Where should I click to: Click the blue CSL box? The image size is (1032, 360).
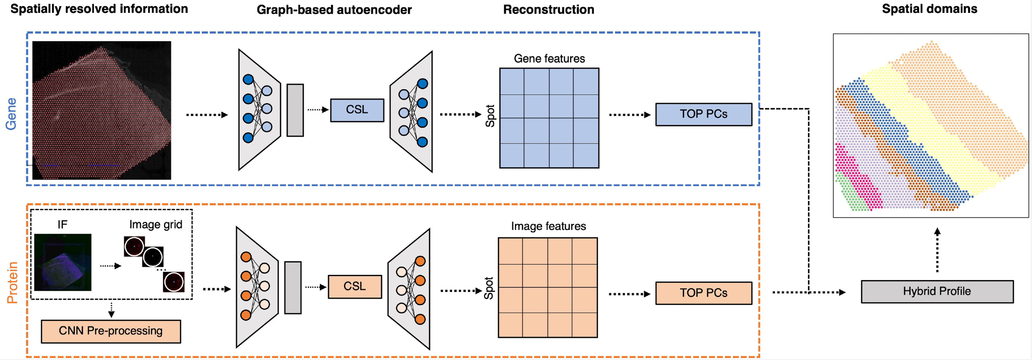357,110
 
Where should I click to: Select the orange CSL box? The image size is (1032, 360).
354,287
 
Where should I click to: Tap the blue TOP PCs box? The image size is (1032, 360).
703,114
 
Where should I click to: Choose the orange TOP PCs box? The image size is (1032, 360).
703,293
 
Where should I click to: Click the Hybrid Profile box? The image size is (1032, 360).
937,291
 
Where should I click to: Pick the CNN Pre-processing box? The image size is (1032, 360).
110,331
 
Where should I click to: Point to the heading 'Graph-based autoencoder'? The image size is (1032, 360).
334,10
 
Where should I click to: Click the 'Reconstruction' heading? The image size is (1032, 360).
549,10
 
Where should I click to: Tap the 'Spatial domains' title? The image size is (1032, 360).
929,9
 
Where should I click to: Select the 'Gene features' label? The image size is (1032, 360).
549,59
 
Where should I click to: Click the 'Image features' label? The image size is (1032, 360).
548,226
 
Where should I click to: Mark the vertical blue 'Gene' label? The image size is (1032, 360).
11,113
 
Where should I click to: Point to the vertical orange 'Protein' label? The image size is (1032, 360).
12,282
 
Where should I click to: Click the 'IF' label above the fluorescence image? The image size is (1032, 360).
62,225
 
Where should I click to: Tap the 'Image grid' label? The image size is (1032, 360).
155,225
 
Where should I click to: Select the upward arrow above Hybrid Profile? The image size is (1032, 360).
937,250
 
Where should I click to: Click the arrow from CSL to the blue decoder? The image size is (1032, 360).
318,109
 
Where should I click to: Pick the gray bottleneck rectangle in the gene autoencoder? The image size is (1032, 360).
295,110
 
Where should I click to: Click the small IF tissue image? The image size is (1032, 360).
62,263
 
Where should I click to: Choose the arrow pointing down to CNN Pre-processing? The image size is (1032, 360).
111,309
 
